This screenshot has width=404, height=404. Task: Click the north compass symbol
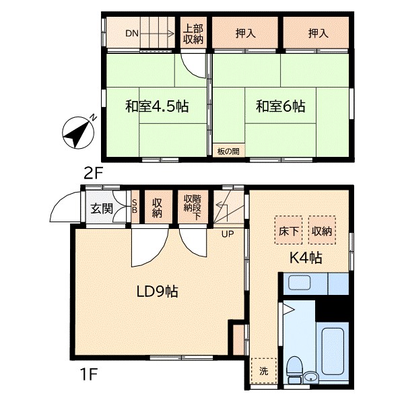click(x=78, y=133)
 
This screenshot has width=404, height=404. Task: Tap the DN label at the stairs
click(x=132, y=34)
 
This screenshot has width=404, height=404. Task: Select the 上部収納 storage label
click(x=193, y=34)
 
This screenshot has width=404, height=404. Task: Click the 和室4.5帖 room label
click(x=157, y=106)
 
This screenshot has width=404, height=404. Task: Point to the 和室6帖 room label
click(x=281, y=106)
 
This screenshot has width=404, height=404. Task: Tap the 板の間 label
click(x=228, y=151)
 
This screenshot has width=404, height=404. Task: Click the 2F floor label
click(x=94, y=173)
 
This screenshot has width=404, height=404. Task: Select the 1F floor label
click(x=89, y=374)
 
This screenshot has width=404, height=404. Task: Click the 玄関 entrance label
click(x=102, y=208)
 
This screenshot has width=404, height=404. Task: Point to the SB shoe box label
click(x=135, y=206)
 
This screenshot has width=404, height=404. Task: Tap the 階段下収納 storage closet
click(x=193, y=207)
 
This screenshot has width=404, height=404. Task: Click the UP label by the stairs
click(x=228, y=234)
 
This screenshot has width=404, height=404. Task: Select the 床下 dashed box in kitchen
click(x=289, y=230)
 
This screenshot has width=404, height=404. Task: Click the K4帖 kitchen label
click(x=306, y=257)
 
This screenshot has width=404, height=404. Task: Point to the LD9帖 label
click(x=157, y=292)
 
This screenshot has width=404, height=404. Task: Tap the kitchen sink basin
click(x=299, y=283)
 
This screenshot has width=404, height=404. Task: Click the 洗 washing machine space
click(x=263, y=371)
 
